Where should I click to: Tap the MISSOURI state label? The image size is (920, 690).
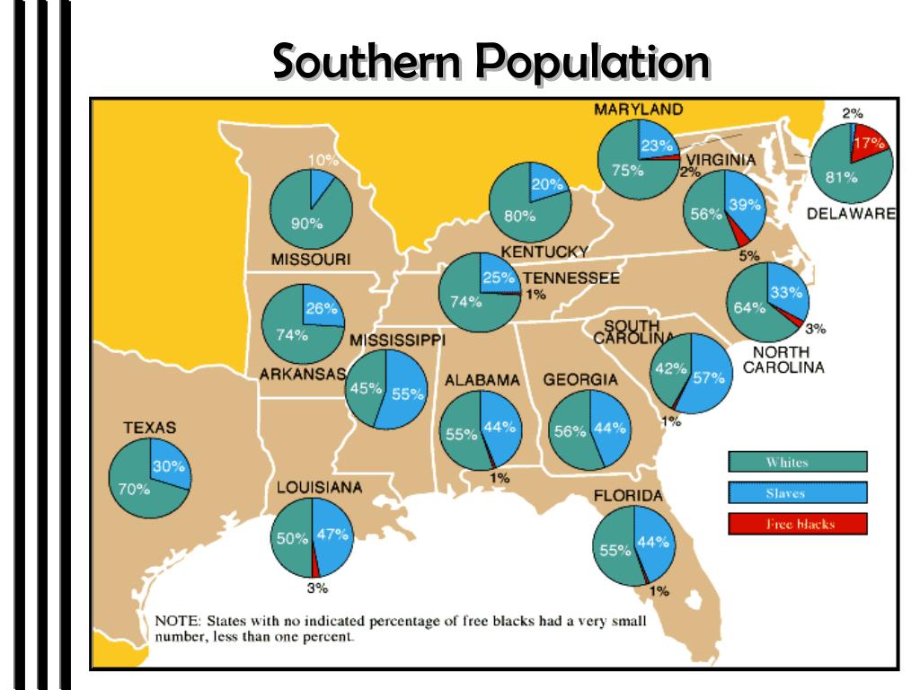coord(310,260)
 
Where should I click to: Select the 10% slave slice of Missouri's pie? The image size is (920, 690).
coord(322,180)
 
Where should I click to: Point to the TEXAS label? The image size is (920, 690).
coord(150,428)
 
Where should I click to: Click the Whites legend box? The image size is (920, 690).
coord(797,463)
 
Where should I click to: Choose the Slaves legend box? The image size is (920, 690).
coord(797,493)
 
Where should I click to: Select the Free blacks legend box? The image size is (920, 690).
coord(797,524)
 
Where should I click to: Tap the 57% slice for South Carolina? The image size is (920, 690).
coord(707,377)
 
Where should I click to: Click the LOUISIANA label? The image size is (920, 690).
coord(319,487)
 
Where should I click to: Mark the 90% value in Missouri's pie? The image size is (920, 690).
coord(305,224)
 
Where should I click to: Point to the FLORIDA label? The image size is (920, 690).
coord(628,496)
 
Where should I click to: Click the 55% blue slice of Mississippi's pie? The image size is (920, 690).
coord(406,393)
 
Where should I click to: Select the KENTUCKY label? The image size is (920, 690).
coord(544,251)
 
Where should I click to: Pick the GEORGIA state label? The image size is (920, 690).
coord(580,380)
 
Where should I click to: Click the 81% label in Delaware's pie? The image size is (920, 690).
coord(842,177)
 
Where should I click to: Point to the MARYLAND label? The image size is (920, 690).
coord(638,110)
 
